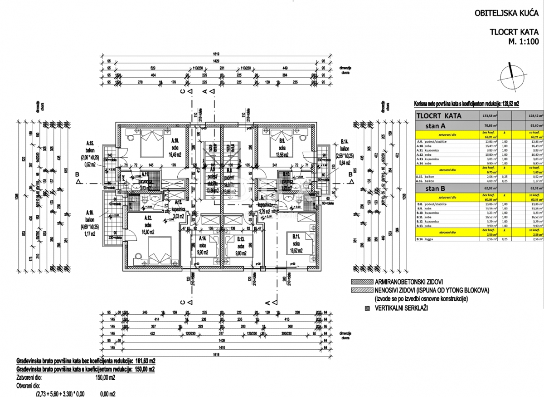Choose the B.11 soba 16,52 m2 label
click(x=297, y=240)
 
